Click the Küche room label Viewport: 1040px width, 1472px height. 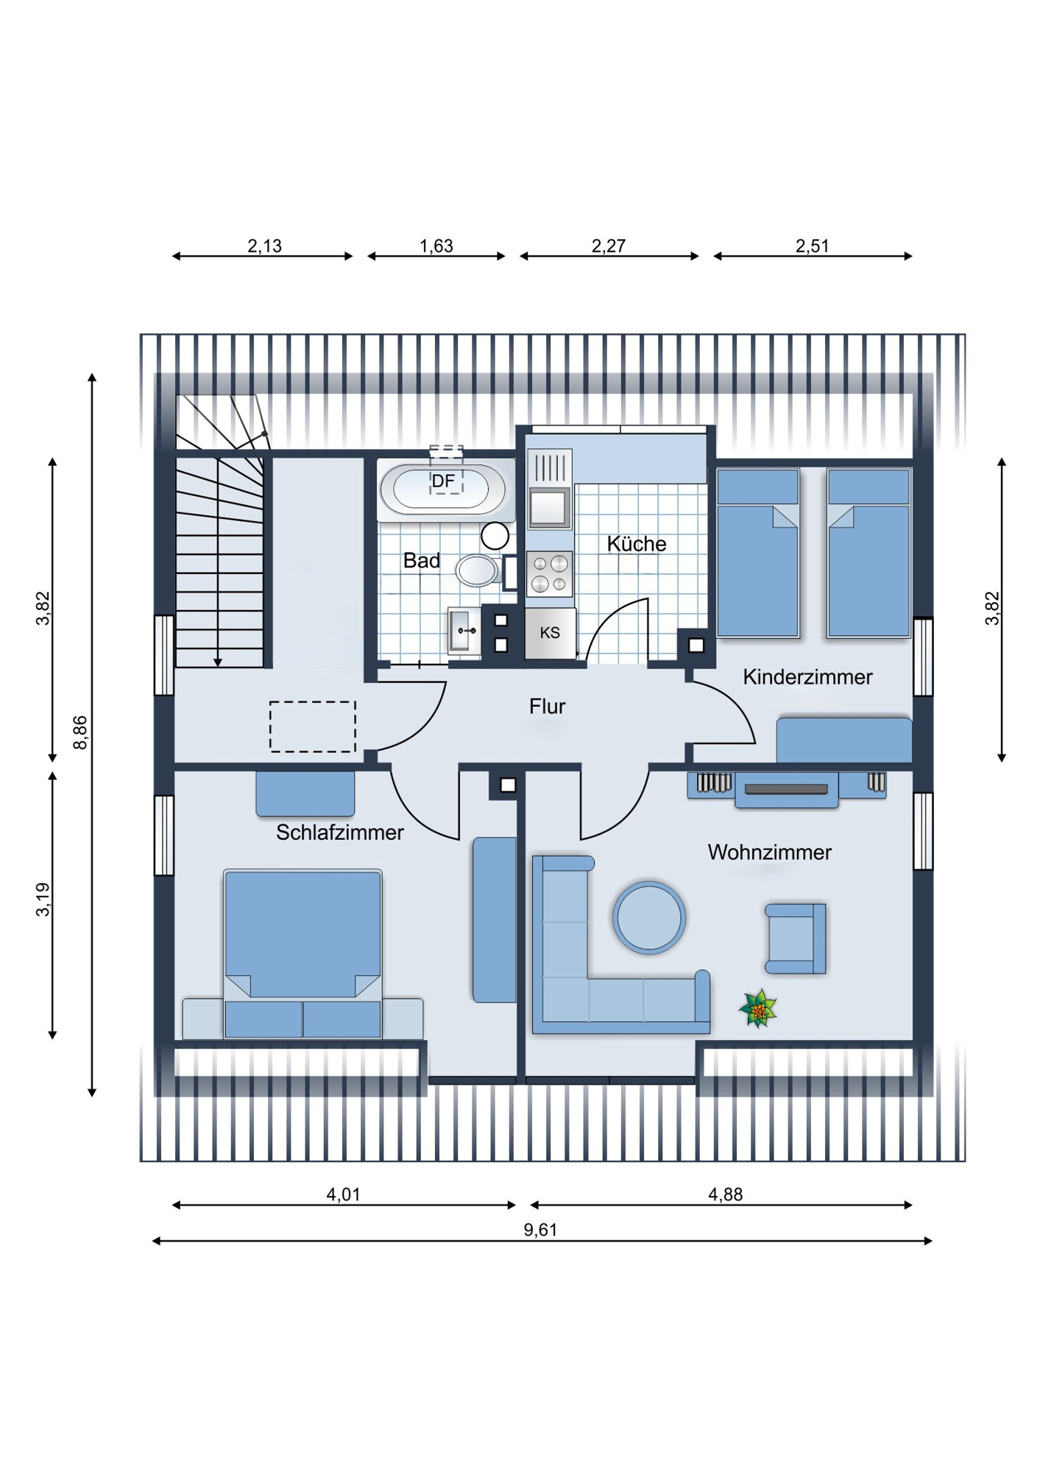[x=637, y=544]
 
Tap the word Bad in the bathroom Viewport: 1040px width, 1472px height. [x=422, y=561]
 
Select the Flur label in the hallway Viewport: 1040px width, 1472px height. [x=548, y=707]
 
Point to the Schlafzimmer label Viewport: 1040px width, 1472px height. [x=340, y=832]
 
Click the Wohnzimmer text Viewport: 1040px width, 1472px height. [x=770, y=852]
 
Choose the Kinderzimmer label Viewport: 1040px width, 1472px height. [x=807, y=677]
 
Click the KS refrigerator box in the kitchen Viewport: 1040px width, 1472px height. [x=550, y=633]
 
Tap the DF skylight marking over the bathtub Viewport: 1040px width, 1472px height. [x=444, y=481]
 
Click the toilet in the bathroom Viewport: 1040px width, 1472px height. [x=479, y=570]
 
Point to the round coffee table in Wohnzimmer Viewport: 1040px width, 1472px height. [x=649, y=918]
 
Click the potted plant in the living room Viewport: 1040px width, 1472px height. [x=758, y=1008]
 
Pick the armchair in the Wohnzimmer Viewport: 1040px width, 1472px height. [x=796, y=939]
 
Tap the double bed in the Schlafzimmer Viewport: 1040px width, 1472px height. [x=303, y=954]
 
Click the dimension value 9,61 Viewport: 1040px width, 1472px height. [x=541, y=1230]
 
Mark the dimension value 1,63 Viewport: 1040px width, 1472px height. [x=436, y=246]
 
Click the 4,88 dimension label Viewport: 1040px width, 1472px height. [x=726, y=1195]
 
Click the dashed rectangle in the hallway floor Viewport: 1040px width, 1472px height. [x=313, y=726]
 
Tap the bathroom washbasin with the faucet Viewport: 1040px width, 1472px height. [x=464, y=631]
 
